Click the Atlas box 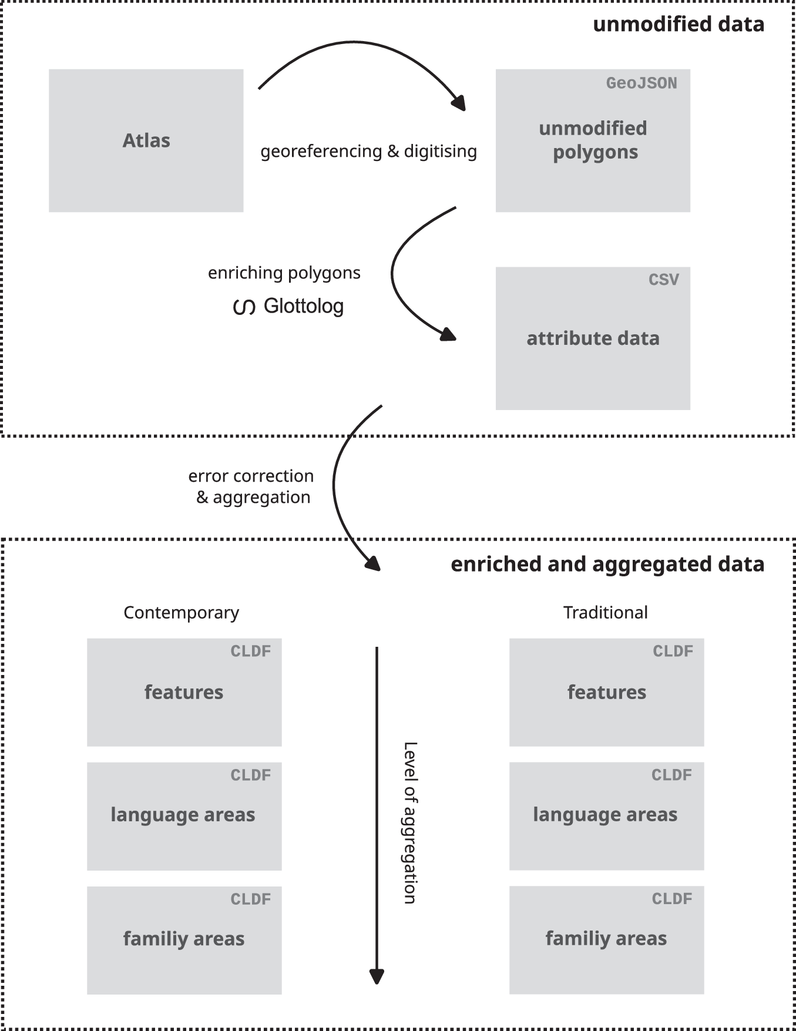(146, 141)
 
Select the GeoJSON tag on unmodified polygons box (641, 83)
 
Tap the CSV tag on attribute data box (663, 280)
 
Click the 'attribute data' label (593, 338)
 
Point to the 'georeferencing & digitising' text (368, 152)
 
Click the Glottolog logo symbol (244, 307)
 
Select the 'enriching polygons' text (284, 273)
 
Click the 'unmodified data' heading (679, 24)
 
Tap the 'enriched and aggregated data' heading (607, 564)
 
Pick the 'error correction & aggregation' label (251, 486)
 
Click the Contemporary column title (181, 613)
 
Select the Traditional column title (605, 613)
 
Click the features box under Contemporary (184, 693)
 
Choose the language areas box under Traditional (606, 816)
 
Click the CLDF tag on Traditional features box (673, 651)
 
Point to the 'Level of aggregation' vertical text (410, 822)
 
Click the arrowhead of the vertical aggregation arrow (377, 976)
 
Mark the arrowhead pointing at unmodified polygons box (459, 103)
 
